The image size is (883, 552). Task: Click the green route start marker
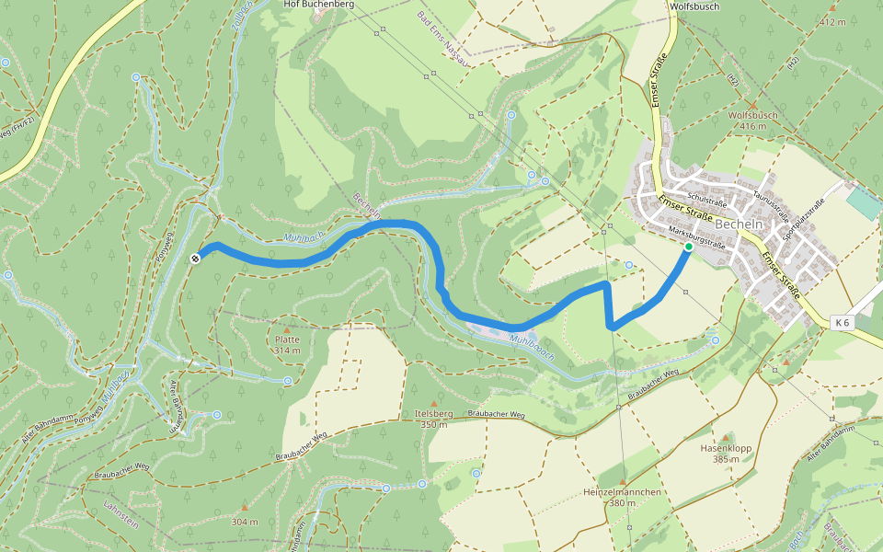(x=688, y=247)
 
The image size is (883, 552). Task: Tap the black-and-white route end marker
(x=195, y=259)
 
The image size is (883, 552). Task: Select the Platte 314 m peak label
(x=286, y=344)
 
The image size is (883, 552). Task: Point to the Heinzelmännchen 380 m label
(x=623, y=497)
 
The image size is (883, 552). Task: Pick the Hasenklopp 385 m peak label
(x=726, y=454)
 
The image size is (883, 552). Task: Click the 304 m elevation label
(x=245, y=522)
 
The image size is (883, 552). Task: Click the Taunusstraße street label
(x=771, y=202)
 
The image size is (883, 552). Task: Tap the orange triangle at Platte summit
(x=286, y=328)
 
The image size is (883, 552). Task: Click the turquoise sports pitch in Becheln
(x=863, y=201)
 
